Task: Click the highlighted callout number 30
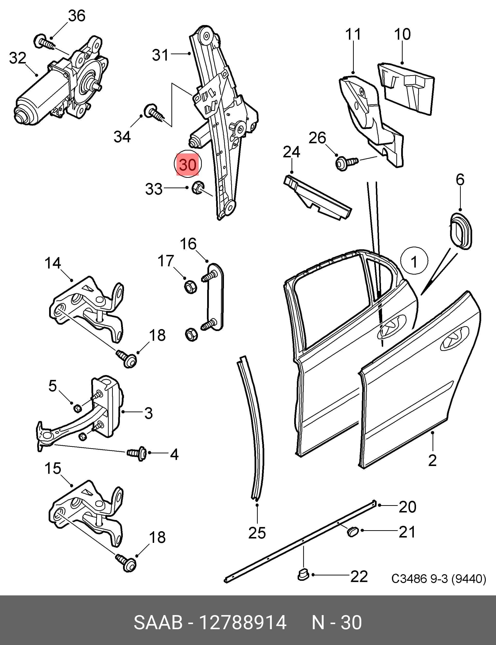[x=187, y=164]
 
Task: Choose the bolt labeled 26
[x=347, y=163]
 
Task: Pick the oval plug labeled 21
[x=352, y=531]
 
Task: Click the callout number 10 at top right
[x=402, y=34]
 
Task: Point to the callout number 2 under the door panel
[x=432, y=460]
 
